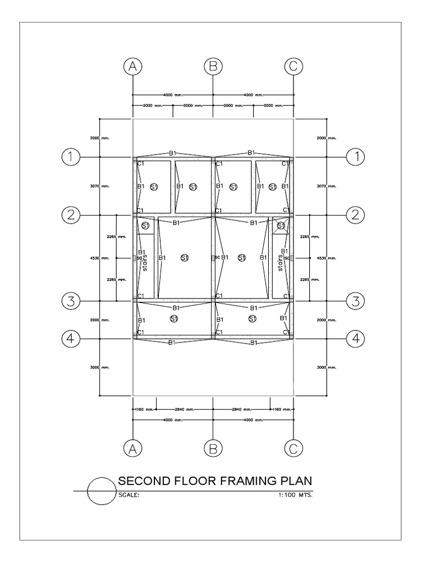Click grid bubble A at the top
[132, 67]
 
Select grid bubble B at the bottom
[213, 449]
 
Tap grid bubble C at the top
[293, 67]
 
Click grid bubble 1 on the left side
[70, 157]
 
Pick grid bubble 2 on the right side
[356, 214]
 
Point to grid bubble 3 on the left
[70, 301]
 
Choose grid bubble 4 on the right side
[356, 339]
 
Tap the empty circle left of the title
[101, 490]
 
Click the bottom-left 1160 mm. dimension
[144, 409]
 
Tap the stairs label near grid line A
[145, 263]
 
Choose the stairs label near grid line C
[280, 263]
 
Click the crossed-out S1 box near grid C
[281, 225]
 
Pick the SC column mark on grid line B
[214, 257]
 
